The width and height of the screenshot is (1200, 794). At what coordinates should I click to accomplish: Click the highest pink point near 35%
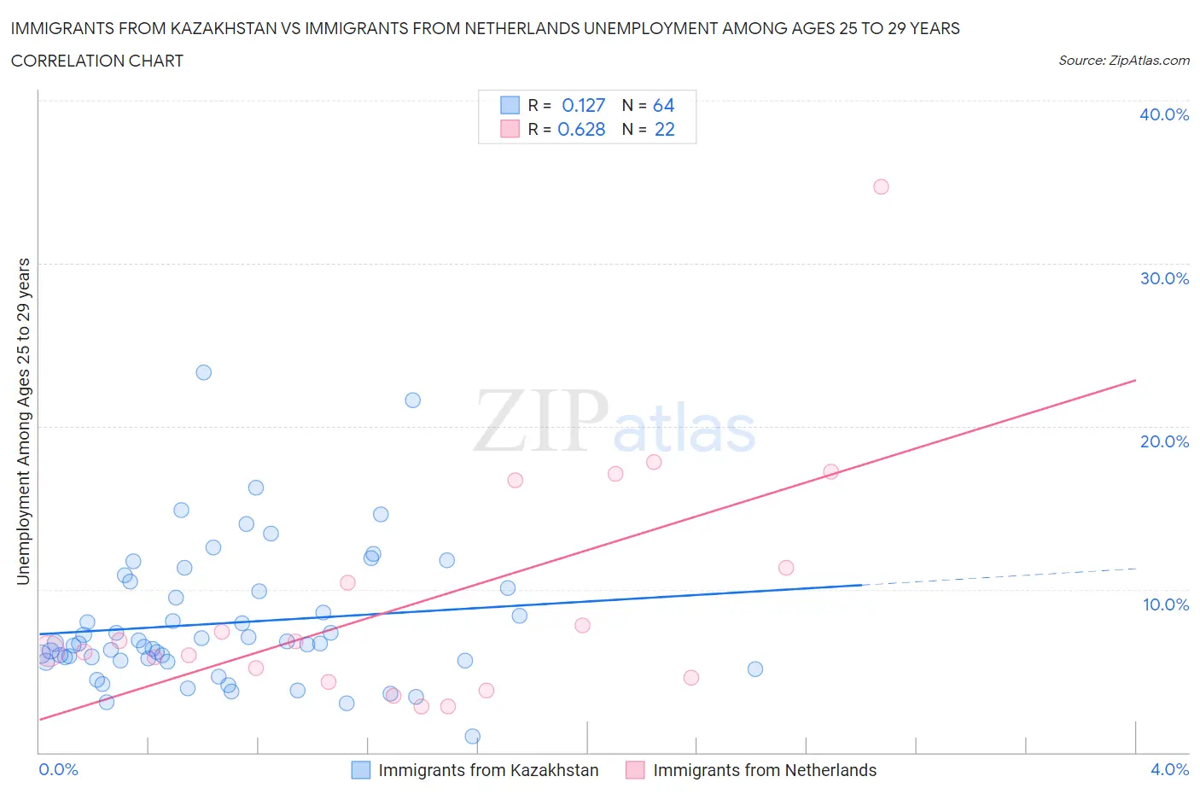click(881, 187)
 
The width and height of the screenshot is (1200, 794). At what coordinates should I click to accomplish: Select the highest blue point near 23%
click(203, 372)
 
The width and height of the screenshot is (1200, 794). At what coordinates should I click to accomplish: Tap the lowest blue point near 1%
click(472, 736)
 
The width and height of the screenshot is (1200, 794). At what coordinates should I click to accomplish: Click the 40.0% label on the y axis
click(1164, 114)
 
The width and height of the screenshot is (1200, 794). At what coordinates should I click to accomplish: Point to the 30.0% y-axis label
click(1164, 278)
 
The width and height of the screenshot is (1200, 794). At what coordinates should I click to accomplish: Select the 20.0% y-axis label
click(1164, 441)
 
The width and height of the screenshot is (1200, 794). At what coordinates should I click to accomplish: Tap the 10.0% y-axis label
click(1165, 604)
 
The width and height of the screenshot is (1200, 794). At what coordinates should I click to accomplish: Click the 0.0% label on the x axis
click(58, 769)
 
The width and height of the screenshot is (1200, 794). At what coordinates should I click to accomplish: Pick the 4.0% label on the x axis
click(1169, 769)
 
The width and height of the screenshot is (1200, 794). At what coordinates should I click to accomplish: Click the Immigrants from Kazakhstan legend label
click(488, 770)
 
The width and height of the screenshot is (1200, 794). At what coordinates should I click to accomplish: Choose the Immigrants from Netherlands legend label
click(765, 770)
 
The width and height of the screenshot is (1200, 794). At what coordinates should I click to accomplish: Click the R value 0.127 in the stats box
click(583, 105)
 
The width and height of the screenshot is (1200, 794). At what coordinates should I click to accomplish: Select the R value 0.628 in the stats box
click(581, 129)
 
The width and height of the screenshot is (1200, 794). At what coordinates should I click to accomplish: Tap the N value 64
click(663, 105)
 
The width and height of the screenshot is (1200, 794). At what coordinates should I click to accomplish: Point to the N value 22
click(664, 129)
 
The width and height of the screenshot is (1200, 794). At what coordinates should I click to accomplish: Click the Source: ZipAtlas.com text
click(1123, 60)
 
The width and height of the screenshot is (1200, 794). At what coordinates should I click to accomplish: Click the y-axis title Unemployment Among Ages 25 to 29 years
click(23, 421)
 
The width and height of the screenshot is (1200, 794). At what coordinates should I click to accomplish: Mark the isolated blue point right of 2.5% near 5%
click(754, 668)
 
